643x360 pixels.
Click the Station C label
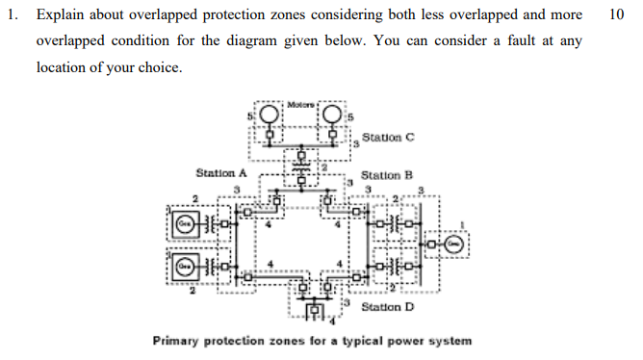388,136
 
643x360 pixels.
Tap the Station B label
386,175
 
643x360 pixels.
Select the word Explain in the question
62,16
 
